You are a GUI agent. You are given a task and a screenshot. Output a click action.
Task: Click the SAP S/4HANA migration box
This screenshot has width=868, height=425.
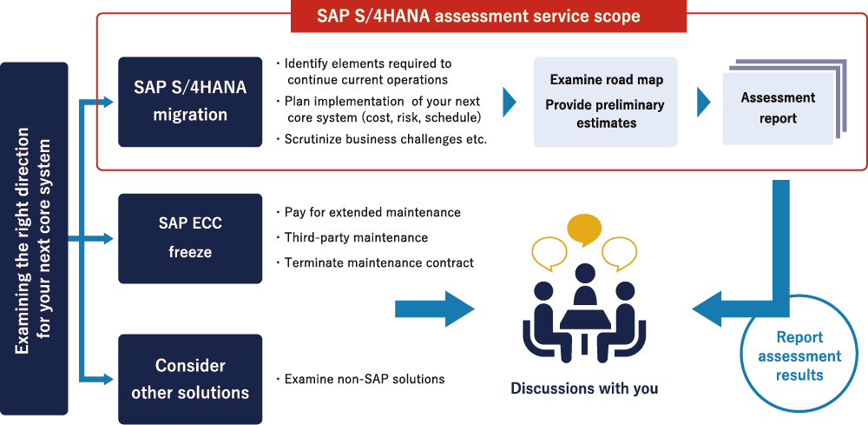[190, 102]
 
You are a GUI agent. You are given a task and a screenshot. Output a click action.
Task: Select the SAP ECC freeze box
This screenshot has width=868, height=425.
[190, 238]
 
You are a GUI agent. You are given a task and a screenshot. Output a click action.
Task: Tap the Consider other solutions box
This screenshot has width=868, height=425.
[190, 379]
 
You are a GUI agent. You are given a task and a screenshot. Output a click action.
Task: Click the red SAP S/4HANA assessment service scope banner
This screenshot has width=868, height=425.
[488, 16]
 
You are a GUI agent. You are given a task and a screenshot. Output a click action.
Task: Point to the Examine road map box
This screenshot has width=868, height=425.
[605, 102]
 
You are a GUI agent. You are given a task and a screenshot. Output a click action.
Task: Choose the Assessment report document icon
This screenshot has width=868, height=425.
[785, 102]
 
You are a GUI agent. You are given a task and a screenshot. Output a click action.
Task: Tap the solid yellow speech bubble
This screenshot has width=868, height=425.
[584, 230]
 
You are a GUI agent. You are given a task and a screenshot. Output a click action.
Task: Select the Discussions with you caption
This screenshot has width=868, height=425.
[584, 388]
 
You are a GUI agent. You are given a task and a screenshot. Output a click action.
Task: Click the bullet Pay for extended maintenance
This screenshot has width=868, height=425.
[368, 212]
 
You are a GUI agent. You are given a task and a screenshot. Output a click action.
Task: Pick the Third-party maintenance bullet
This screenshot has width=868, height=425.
[352, 238]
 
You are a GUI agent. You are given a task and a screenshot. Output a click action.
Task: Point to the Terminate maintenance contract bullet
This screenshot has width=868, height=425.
[375, 262]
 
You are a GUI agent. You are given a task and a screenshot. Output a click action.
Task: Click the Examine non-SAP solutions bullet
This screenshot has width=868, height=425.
[360, 380]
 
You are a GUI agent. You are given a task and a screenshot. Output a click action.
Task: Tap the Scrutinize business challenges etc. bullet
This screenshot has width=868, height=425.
[381, 140]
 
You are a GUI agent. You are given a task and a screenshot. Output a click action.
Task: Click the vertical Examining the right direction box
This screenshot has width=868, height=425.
[35, 238]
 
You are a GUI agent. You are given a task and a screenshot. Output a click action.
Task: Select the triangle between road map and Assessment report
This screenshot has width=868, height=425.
[703, 102]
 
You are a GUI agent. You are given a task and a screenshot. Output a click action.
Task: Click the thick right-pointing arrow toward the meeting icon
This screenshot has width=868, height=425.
[435, 309]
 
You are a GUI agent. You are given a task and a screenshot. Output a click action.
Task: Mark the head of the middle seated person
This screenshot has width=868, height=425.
[584, 275]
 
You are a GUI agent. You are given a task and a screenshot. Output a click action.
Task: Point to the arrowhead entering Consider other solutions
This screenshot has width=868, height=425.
[108, 379]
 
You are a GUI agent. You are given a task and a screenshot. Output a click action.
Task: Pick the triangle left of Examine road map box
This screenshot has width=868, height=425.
[510, 102]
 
